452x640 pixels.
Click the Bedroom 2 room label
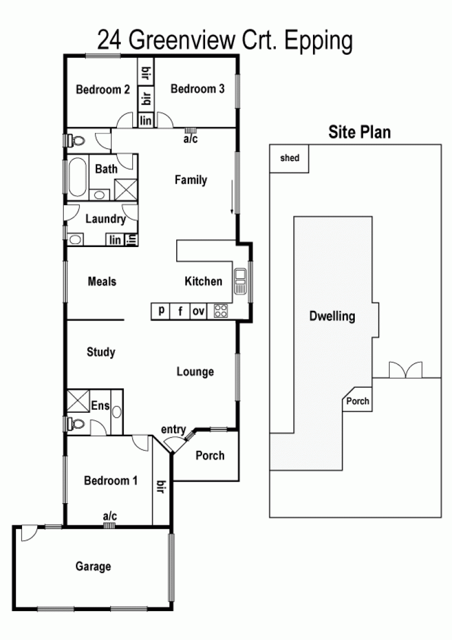(103, 89)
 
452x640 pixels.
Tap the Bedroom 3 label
(197, 89)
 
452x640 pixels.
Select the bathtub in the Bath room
(77, 177)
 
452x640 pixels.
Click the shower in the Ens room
(78, 401)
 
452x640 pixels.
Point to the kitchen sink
(240, 282)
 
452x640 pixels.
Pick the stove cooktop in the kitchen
(221, 311)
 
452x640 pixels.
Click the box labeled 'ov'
(198, 311)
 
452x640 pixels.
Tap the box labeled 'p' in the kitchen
(161, 311)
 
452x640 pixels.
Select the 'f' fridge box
(180, 311)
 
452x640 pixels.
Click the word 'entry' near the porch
(173, 429)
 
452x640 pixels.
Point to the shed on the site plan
(289, 158)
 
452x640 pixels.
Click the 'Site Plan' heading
(359, 132)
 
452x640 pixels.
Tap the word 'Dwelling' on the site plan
(332, 316)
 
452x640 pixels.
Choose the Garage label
(93, 566)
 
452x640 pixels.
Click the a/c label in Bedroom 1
(110, 516)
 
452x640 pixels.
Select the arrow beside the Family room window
(232, 197)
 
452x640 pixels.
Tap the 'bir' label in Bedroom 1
(160, 487)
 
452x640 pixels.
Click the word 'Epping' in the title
(318, 42)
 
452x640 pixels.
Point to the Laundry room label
(105, 219)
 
